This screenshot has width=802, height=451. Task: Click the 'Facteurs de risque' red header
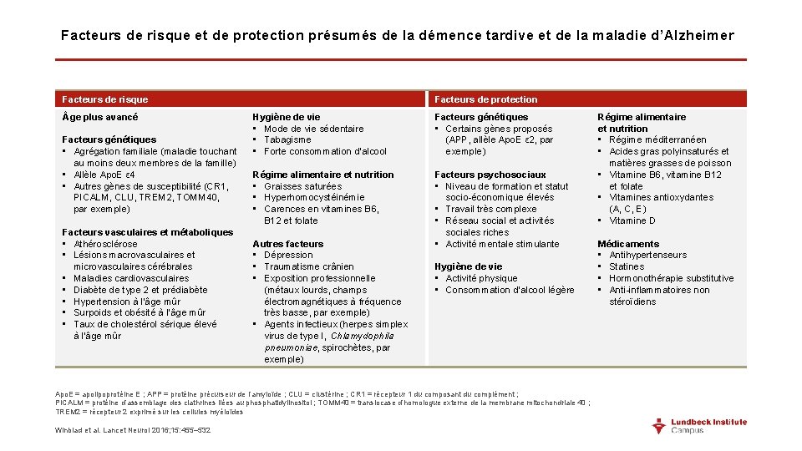(x=105, y=99)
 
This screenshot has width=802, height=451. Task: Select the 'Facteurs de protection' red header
(x=486, y=99)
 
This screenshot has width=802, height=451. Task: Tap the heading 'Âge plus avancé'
(x=100, y=117)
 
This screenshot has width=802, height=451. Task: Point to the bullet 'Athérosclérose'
(x=105, y=244)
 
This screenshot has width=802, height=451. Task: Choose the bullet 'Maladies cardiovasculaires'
(x=131, y=278)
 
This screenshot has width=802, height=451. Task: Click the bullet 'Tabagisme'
(x=287, y=140)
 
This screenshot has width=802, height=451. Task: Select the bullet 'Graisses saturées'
(x=302, y=186)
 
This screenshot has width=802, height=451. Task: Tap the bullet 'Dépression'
(x=288, y=256)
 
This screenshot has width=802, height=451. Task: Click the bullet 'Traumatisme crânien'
(x=308, y=267)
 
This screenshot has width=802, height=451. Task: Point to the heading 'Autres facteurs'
(x=287, y=244)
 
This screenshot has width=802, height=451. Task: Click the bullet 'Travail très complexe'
(x=491, y=210)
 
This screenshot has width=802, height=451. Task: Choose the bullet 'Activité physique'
(x=481, y=279)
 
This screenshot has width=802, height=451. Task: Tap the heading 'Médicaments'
(x=628, y=244)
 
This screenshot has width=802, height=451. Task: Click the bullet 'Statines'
(x=627, y=267)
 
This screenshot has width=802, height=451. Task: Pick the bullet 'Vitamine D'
(x=632, y=221)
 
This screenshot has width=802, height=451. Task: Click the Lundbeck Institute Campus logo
(x=699, y=425)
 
